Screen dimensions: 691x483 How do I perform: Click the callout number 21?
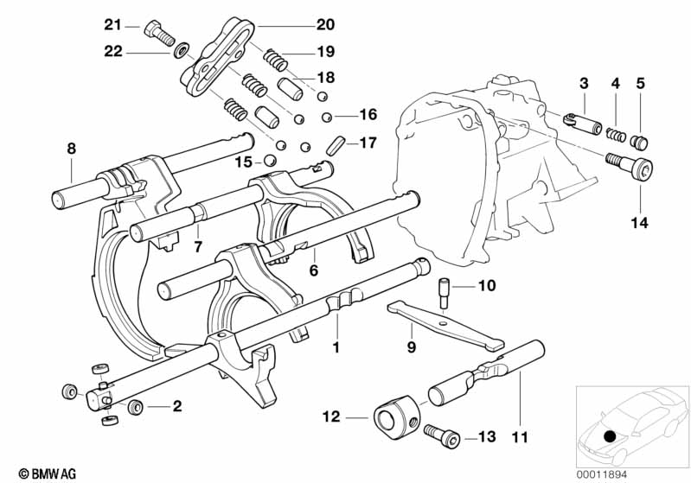pos(112,25)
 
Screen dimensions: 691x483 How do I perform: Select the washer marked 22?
pos(181,51)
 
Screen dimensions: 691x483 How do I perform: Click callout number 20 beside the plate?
pos(325,25)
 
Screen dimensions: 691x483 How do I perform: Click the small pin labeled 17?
pos(336,146)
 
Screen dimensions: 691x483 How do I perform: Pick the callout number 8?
pos(72,149)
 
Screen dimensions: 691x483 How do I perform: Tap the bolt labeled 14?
pos(629,168)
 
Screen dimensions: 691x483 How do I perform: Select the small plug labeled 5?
pos(640,143)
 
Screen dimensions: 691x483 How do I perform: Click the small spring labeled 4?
pos(616,134)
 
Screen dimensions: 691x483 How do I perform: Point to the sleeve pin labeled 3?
pos(583,123)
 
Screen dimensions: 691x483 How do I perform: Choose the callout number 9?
pos(411,347)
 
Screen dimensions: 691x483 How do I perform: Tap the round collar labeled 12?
pos(396,417)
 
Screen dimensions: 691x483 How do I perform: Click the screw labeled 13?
pos(442,435)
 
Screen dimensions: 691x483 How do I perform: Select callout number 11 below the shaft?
pos(519,437)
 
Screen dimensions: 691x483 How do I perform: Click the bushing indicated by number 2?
pos(134,407)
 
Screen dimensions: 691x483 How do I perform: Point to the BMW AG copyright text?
pos(48,473)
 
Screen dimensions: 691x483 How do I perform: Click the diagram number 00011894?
pos(601,474)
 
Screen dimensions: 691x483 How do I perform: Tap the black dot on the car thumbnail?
pos(610,436)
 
